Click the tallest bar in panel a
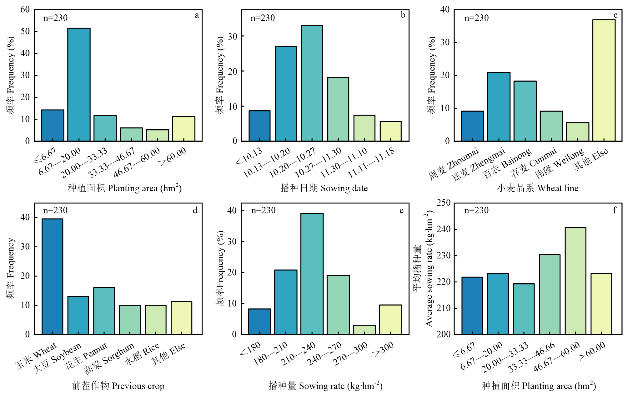79,85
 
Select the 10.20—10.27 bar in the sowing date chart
312,83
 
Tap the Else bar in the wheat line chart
604,80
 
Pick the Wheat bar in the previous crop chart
53,276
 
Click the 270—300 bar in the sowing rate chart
364,330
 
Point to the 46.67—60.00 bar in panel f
575,281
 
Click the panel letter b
403,15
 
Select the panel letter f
615,210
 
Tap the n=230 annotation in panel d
55,210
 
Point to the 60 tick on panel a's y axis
25,10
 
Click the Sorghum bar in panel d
130,320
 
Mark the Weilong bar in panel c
578,132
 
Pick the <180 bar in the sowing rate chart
259,322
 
